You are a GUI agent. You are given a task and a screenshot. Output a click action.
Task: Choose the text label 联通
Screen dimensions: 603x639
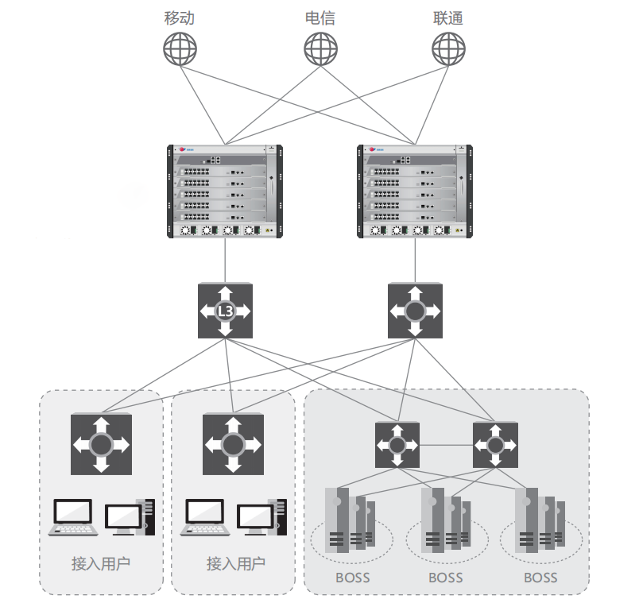(x=447, y=17)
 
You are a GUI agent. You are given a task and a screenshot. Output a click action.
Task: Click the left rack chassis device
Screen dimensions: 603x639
(x=226, y=191)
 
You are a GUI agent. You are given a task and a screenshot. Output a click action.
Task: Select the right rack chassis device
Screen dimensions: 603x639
(x=415, y=191)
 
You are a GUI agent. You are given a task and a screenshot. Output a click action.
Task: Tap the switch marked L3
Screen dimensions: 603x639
(x=226, y=311)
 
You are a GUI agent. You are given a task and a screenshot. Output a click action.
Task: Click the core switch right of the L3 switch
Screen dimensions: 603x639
(x=414, y=311)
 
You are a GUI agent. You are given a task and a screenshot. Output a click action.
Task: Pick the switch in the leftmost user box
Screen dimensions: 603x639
(x=101, y=443)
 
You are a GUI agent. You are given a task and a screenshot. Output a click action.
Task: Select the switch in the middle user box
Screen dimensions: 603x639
(x=233, y=443)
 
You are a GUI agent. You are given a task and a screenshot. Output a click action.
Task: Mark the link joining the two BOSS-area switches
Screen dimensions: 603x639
(x=446, y=445)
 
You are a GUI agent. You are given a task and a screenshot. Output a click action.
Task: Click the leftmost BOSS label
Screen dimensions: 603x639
(x=352, y=578)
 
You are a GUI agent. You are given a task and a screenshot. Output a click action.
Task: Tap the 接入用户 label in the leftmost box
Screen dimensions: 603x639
(x=101, y=564)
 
